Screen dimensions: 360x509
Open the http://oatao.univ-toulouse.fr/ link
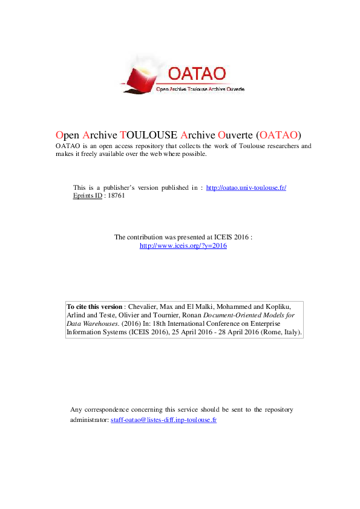[x=246, y=188]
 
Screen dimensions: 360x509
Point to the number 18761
[x=116, y=196]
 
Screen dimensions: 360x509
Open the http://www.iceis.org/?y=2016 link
[x=183, y=246]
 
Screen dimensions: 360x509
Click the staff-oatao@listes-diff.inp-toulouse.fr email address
[x=163, y=419]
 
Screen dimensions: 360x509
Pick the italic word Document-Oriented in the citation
[x=232, y=315]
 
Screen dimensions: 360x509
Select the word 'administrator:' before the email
[x=90, y=419]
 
